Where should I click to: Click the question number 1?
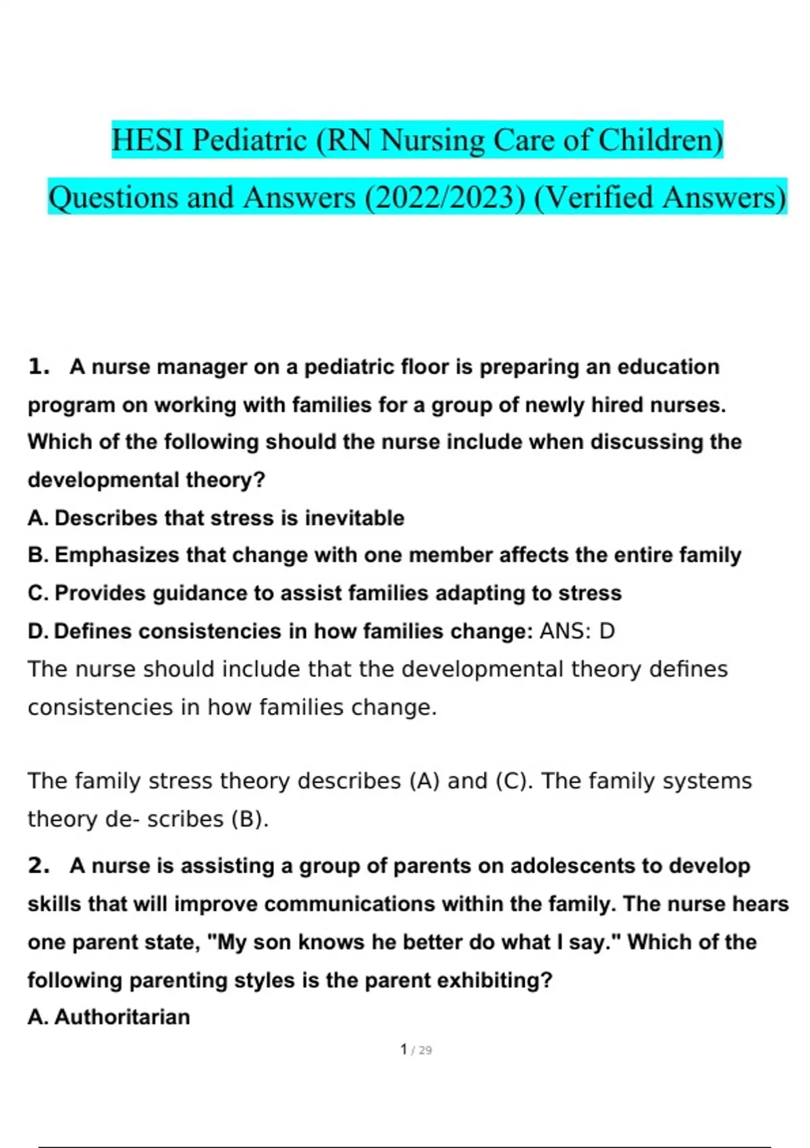(38, 367)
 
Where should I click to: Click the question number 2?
(38, 866)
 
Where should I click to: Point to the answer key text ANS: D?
(577, 631)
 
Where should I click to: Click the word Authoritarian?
(122, 1017)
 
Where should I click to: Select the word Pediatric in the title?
(250, 140)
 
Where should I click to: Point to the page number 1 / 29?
(416, 1050)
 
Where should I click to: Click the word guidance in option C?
(200, 593)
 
